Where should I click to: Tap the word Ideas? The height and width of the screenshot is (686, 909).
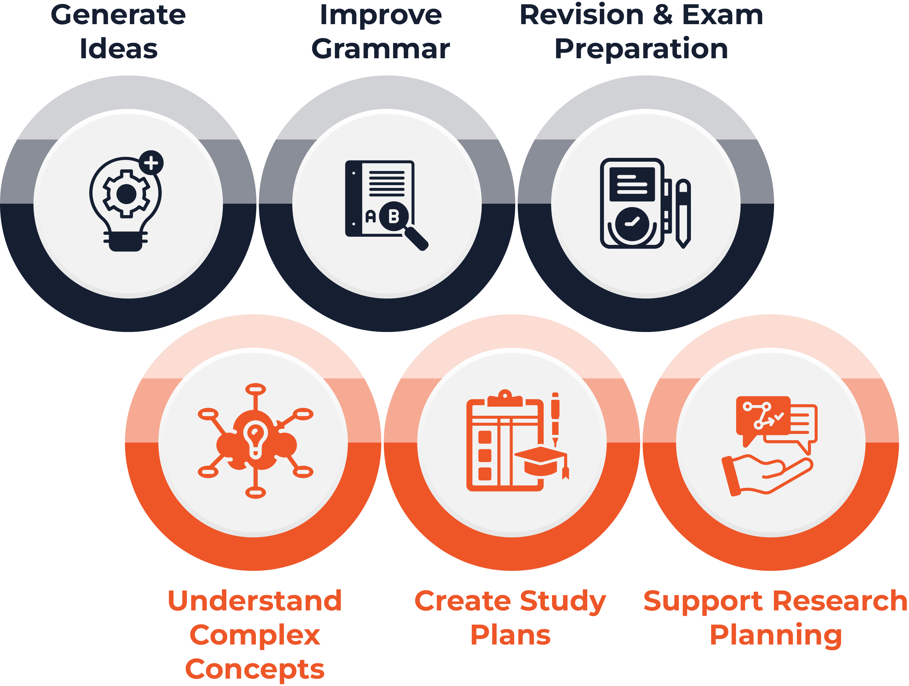click(119, 49)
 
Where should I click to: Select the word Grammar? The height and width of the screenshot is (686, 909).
click(381, 49)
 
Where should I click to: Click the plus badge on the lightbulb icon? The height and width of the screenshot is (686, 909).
click(151, 163)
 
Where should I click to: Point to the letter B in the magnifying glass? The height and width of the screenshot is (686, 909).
click(394, 216)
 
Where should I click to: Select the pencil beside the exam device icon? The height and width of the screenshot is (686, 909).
click(683, 213)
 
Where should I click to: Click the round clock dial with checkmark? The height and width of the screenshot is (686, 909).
click(632, 224)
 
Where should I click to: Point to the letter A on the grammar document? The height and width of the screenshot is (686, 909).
click(371, 216)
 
